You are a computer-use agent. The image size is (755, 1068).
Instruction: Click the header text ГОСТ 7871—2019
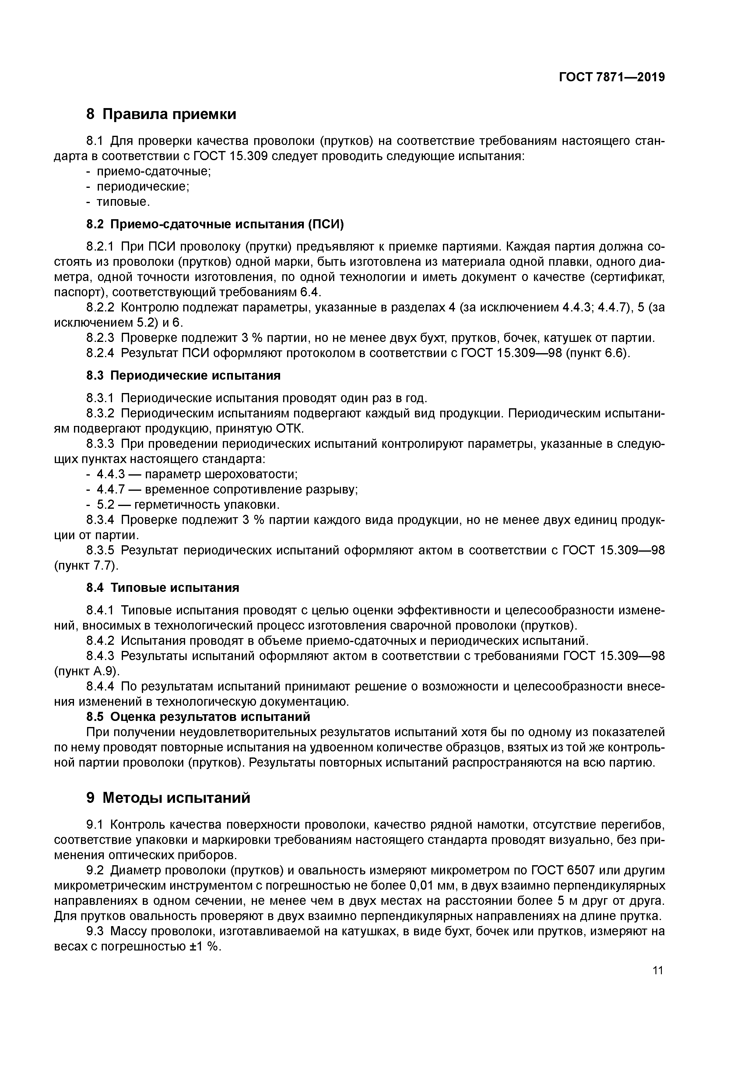pos(612,77)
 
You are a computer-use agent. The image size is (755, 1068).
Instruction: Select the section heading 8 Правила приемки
pos(161,114)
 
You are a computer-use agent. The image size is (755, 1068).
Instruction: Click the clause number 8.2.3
pos(100,338)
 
